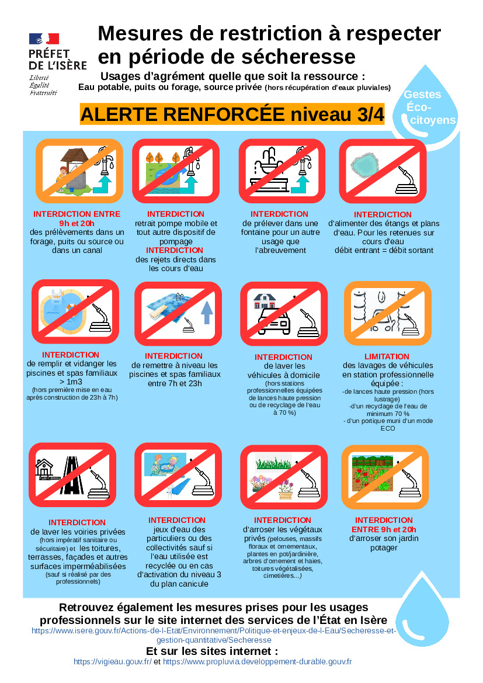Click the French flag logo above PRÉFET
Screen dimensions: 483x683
[x=44, y=39]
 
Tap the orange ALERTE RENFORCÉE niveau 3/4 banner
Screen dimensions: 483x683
[x=232, y=114]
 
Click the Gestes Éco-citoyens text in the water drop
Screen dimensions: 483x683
[x=429, y=107]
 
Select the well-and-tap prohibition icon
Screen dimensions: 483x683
[x=79, y=171]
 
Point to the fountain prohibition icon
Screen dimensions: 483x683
[x=282, y=171]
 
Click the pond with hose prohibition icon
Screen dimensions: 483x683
[x=383, y=171]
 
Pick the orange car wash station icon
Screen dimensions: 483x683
[x=388, y=313]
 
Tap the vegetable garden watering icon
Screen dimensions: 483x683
[x=385, y=477]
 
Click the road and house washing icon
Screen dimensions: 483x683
[x=72, y=475]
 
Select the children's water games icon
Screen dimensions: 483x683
[x=178, y=475]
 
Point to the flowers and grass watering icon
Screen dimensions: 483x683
[x=284, y=477]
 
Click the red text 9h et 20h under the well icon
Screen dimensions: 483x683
[x=77, y=223]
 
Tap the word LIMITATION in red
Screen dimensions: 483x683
[x=387, y=356]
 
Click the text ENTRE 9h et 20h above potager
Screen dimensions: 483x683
[x=384, y=530]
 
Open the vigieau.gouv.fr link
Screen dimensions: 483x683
[x=112, y=661]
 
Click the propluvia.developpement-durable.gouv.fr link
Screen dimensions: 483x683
[x=258, y=661]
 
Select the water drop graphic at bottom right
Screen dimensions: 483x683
[x=422, y=609]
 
